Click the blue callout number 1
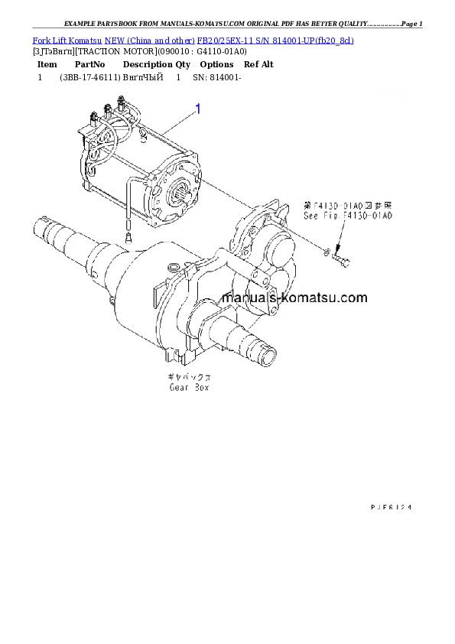198,109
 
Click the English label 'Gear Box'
189,388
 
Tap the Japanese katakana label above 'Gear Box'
190,377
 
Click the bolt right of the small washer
343,261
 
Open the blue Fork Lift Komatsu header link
192,39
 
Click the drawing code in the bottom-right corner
397,506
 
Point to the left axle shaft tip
43,226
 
